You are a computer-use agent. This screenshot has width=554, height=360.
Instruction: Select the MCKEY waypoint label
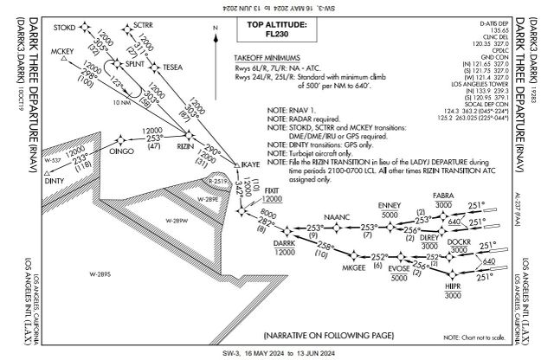[x=62, y=53]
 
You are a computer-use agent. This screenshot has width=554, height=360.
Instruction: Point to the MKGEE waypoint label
[x=354, y=268]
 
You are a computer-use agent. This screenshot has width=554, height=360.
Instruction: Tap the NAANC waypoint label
[x=335, y=214]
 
